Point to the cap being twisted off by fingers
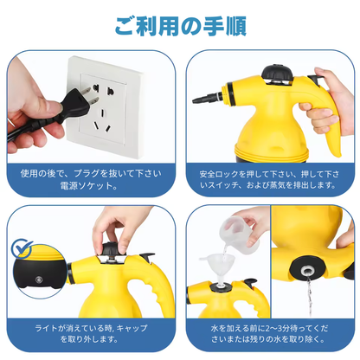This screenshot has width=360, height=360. point(110,247)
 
